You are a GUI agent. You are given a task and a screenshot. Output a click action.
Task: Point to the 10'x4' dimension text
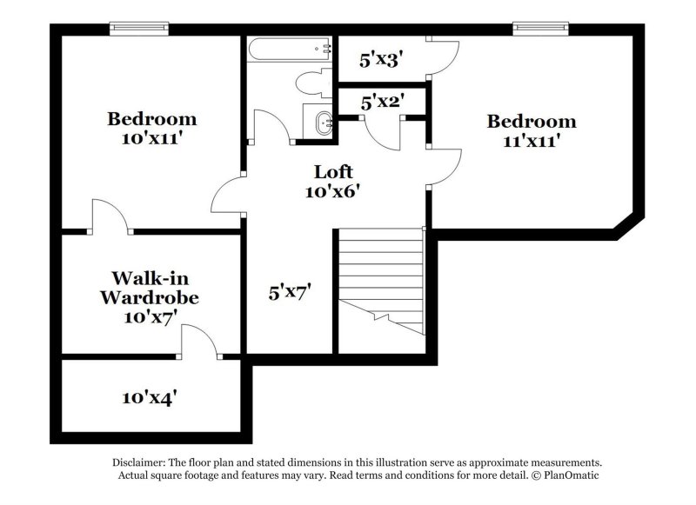[150, 397]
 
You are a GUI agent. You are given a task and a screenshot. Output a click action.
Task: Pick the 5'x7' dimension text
[290, 293]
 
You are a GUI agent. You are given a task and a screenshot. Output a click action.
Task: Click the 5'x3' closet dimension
[379, 61]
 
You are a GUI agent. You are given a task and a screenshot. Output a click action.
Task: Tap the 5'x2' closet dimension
[380, 102]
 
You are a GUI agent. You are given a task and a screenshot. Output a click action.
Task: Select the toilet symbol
[310, 83]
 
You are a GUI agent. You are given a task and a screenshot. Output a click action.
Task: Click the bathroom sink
[321, 123]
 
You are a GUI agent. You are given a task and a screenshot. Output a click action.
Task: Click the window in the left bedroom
[138, 29]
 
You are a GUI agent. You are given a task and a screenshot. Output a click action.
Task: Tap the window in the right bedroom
[539, 29]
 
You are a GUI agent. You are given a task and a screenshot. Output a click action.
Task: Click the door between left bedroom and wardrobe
[109, 216]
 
